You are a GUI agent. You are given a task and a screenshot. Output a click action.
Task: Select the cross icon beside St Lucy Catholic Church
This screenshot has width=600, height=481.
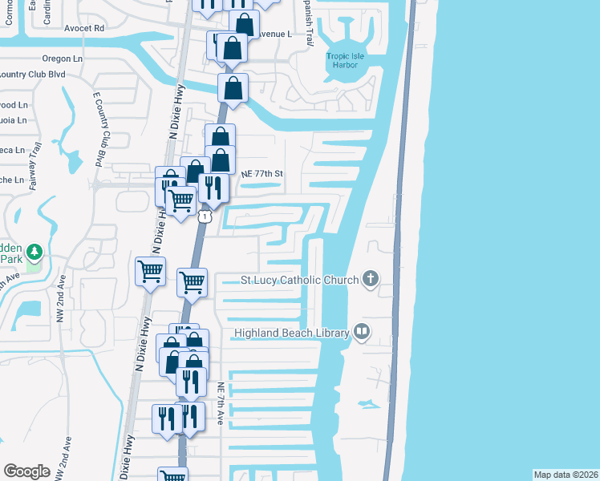pyautogui.click(x=370, y=279)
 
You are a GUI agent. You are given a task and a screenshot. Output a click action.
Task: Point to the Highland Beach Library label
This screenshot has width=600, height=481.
pyautogui.click(x=292, y=333)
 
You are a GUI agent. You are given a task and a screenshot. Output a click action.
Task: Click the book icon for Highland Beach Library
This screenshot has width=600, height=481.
pyautogui.click(x=362, y=332)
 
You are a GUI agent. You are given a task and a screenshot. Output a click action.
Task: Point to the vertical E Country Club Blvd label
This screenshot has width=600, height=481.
pyautogui.click(x=100, y=129)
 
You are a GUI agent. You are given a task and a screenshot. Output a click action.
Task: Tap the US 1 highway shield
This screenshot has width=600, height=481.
pyautogui.click(x=206, y=216)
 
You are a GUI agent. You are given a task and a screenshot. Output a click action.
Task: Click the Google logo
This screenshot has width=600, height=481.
pyautogui.click(x=26, y=471)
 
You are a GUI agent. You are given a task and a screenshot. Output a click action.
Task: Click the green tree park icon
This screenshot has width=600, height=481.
pyautogui.click(x=34, y=253)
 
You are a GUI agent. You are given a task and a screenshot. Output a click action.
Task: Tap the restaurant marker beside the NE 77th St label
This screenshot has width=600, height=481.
pyautogui.click(x=213, y=188)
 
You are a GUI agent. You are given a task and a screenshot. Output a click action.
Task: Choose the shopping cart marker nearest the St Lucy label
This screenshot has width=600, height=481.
pyautogui.click(x=192, y=281)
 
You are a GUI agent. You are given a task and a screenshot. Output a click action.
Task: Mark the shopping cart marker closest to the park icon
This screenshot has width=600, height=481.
pyautogui.click(x=150, y=272)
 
